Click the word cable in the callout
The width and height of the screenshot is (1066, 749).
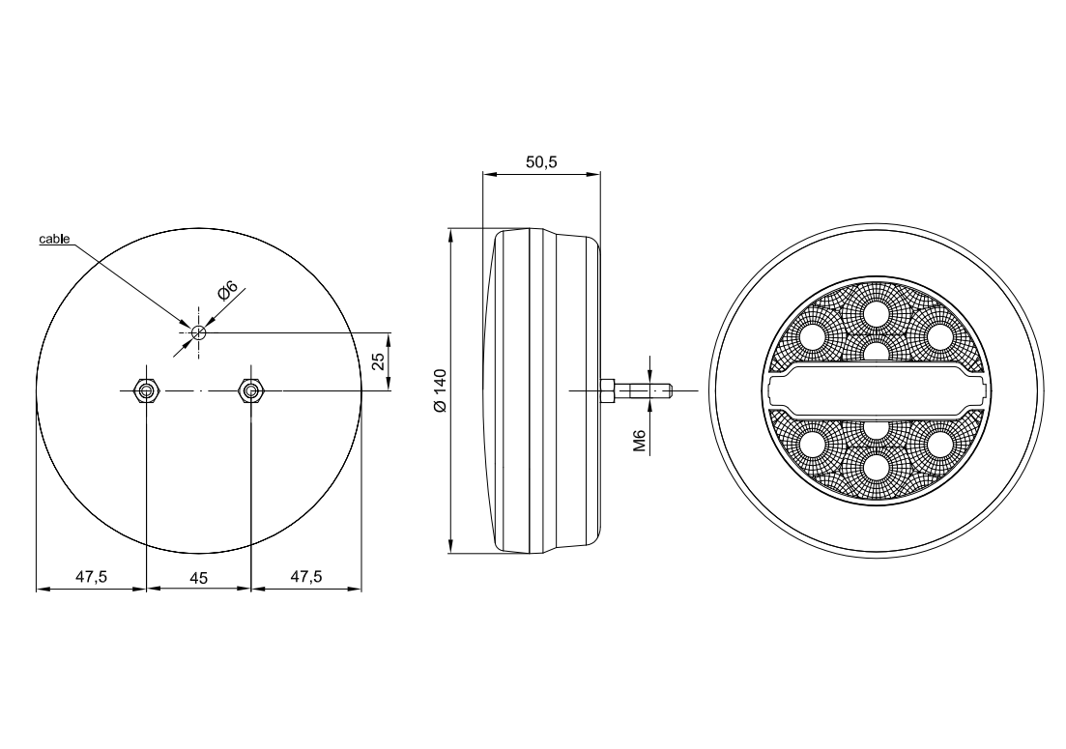pyautogui.click(x=54, y=239)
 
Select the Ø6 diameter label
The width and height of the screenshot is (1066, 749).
pyautogui.click(x=228, y=290)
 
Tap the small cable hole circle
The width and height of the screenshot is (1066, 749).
pyautogui.click(x=198, y=332)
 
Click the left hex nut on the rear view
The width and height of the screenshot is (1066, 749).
pyautogui.click(x=146, y=390)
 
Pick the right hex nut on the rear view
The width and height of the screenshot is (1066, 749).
pyautogui.click(x=251, y=390)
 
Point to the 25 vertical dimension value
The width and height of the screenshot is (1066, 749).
pyautogui.click(x=380, y=360)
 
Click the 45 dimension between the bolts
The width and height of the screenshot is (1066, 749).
pyautogui.click(x=198, y=578)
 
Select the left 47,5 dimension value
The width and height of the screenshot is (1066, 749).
pyautogui.click(x=91, y=577)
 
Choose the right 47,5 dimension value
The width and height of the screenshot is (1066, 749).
pyautogui.click(x=306, y=577)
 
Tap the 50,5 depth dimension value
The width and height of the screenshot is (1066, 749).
pyautogui.click(x=541, y=161)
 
